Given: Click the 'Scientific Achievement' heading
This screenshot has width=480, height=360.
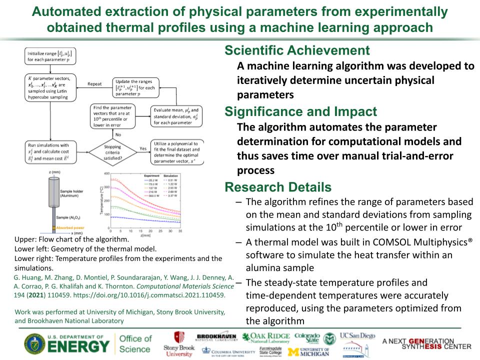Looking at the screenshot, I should (x=297, y=50).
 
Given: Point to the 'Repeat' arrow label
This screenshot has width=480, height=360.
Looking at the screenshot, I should (x=95, y=84).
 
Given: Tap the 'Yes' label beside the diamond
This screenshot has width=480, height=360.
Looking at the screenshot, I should (x=142, y=148).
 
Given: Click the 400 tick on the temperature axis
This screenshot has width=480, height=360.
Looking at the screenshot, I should (x=105, y=173).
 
